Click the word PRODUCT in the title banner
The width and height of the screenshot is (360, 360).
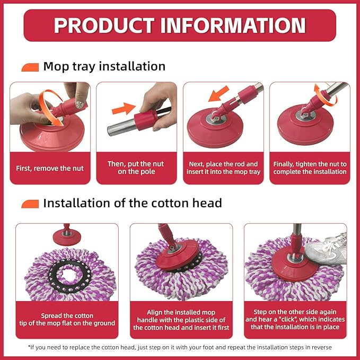pyautogui.click(x=104, y=25)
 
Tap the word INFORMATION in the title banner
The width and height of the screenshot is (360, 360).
pyautogui.click(x=233, y=25)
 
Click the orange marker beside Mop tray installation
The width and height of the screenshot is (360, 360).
pyautogui.click(x=30, y=67)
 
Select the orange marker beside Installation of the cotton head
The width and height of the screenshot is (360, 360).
pyautogui.click(x=30, y=204)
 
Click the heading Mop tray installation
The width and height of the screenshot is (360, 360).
pyautogui.click(x=104, y=67)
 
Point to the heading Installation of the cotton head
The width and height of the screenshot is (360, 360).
pyautogui.click(x=133, y=203)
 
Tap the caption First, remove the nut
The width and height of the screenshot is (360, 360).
pyautogui.click(x=50, y=168)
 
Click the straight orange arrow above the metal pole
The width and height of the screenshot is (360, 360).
pyautogui.click(x=124, y=109)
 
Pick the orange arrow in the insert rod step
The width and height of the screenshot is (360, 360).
pyautogui.click(x=219, y=93)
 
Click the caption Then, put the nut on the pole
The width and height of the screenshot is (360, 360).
pyautogui.click(x=136, y=168)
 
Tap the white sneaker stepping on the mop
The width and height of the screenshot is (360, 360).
pyautogui.click(x=327, y=249)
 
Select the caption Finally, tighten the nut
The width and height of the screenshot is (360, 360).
pyautogui.click(x=310, y=168)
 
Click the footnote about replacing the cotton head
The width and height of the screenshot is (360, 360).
pyautogui.click(x=180, y=347)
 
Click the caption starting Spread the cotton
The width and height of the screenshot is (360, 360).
pyautogui.click(x=67, y=319)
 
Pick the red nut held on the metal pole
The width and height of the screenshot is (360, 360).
pyautogui.click(x=145, y=120)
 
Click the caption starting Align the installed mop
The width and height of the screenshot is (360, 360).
pyautogui.click(x=181, y=320)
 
